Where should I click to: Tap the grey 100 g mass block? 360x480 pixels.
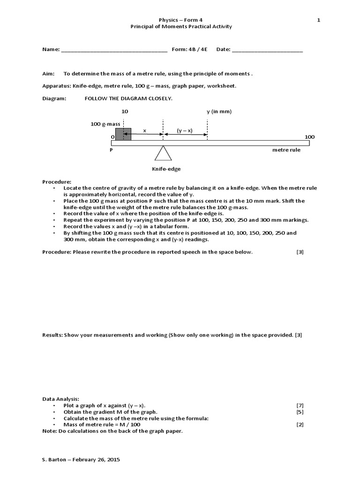click(x=123, y=135)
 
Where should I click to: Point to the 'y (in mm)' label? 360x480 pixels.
click(x=219, y=112)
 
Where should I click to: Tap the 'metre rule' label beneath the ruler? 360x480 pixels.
click(x=286, y=150)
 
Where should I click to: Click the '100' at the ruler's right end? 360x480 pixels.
click(x=309, y=137)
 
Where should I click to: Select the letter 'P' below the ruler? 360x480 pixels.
click(x=111, y=150)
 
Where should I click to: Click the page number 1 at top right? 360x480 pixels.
click(x=318, y=19)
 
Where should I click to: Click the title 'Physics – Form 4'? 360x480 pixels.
click(x=180, y=19)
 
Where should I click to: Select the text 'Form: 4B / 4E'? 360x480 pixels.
click(x=191, y=49)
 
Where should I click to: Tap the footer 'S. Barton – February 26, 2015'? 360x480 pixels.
click(x=81, y=460)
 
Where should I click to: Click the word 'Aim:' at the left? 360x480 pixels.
click(x=48, y=74)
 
